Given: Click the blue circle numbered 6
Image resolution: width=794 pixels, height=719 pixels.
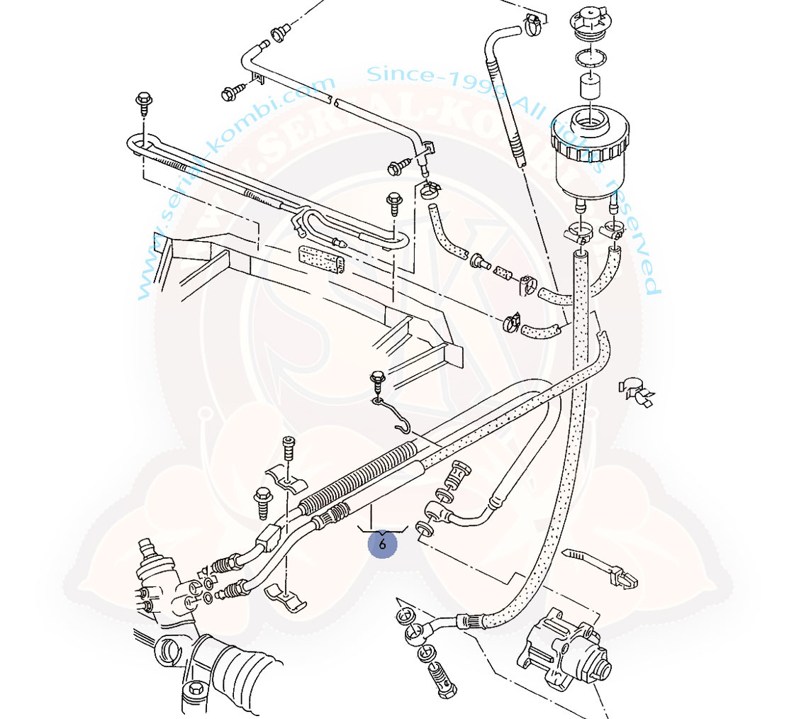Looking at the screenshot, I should click(x=382, y=545).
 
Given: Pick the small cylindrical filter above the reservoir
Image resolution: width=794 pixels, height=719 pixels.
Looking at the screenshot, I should click(x=588, y=87).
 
